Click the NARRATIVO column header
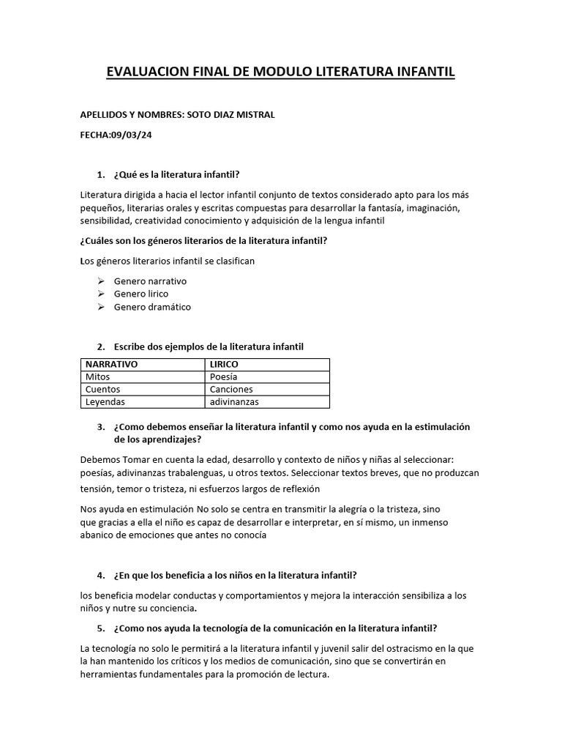[112, 364]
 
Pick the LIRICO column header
[224, 364]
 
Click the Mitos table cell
[98, 376]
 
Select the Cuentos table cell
[103, 389]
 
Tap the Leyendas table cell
[105, 401]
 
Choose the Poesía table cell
[223, 376]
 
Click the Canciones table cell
[231, 389]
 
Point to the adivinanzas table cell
[234, 401]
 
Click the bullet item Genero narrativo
[151, 281]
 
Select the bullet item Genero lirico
[141, 294]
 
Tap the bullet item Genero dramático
[152, 307]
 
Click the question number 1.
[100, 174]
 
